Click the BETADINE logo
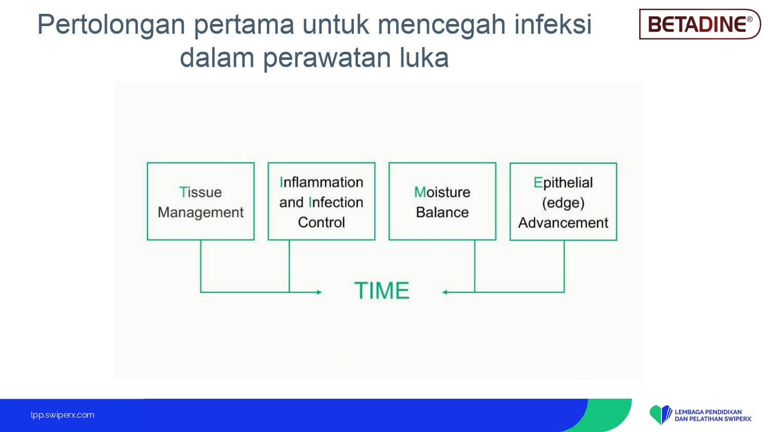pyautogui.click(x=699, y=24)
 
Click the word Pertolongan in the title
pyautogui.click(x=111, y=25)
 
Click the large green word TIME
pyautogui.click(x=381, y=291)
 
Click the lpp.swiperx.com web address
pyautogui.click(x=62, y=415)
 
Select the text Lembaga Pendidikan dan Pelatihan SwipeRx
pyautogui.click(x=713, y=415)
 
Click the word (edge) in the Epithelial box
pyautogui.click(x=563, y=203)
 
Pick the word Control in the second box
pyautogui.click(x=321, y=222)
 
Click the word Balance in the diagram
pyautogui.click(x=442, y=212)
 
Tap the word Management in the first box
pyautogui.click(x=201, y=212)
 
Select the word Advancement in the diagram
pyautogui.click(x=563, y=223)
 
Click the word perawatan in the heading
pyautogui.click(x=327, y=58)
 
